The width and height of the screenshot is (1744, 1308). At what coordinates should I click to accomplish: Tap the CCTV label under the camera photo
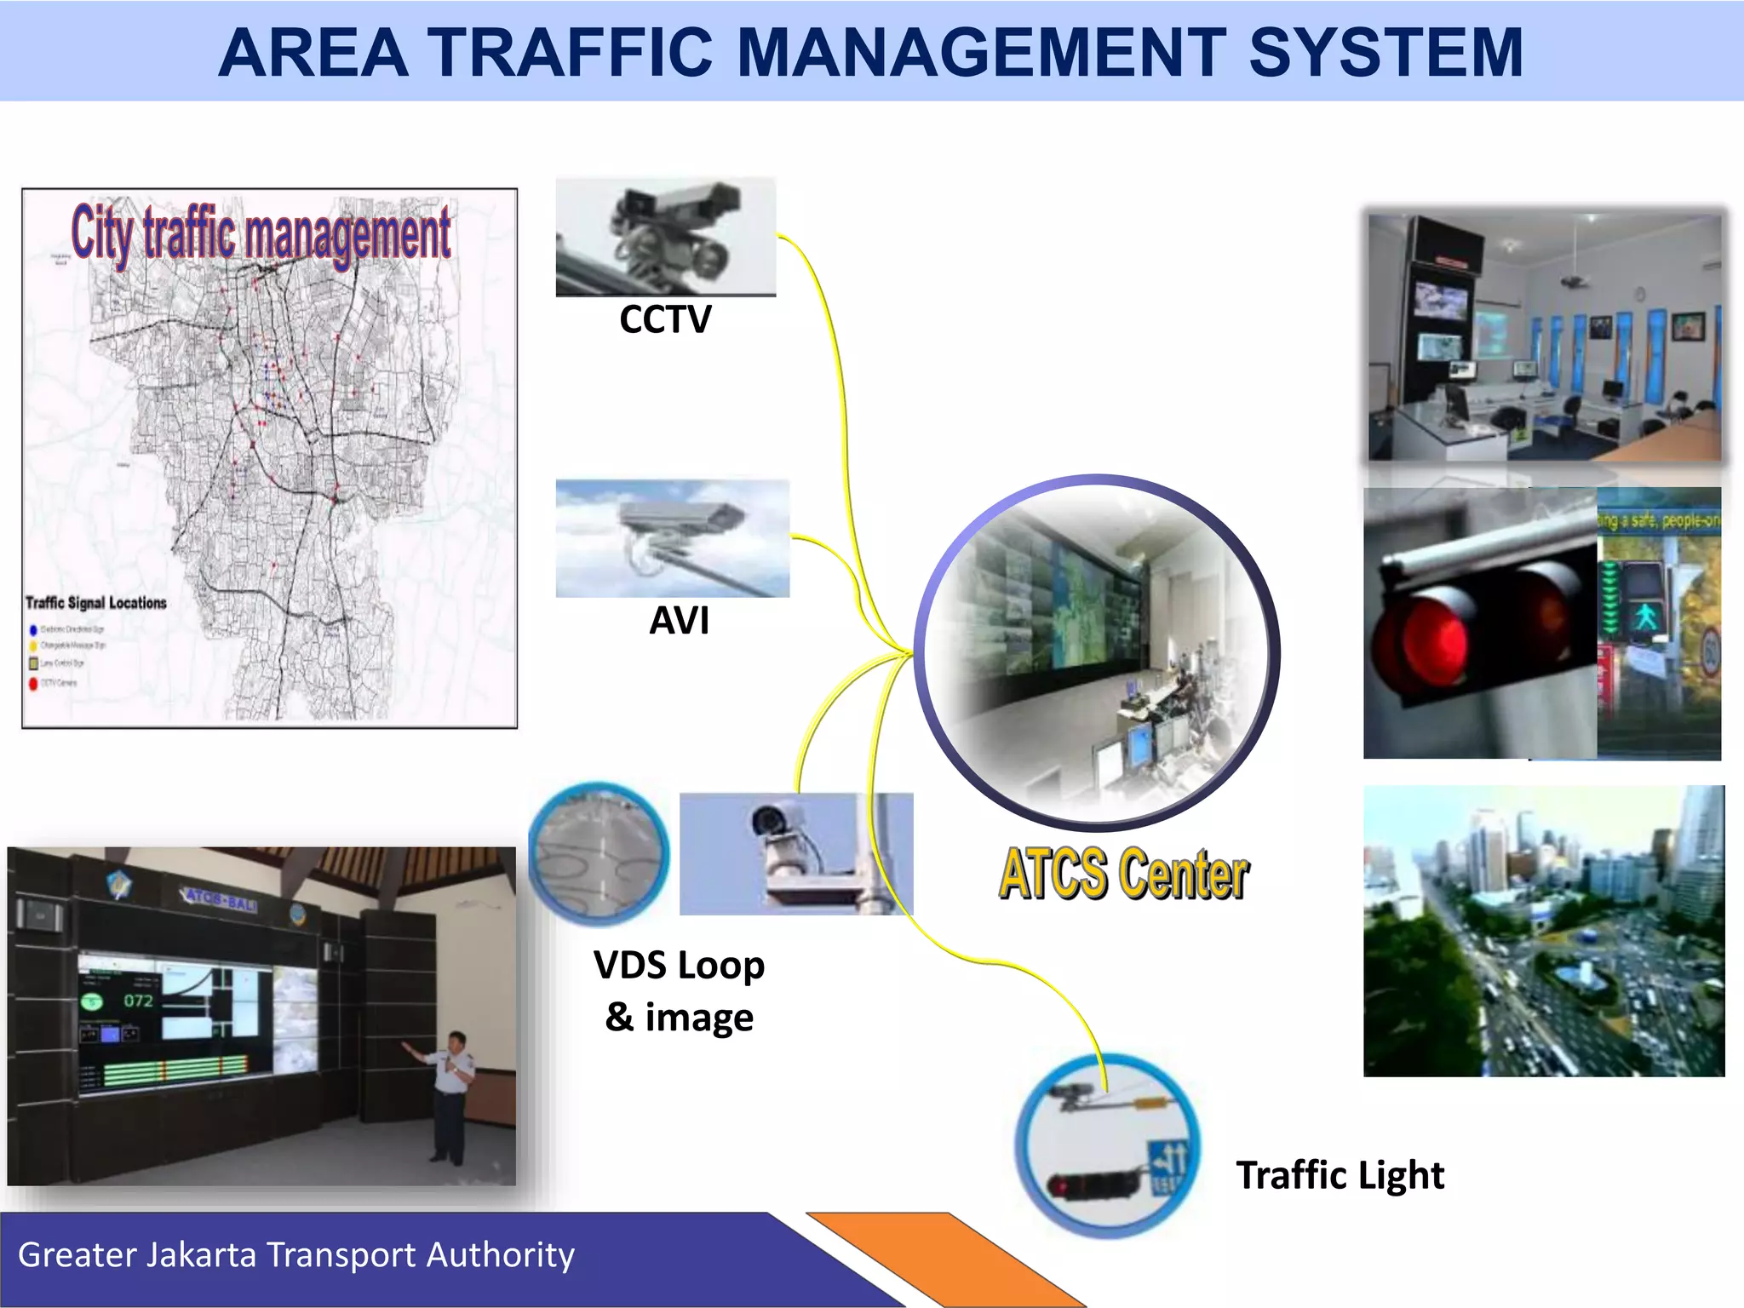[x=665, y=319]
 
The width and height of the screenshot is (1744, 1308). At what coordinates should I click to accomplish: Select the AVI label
[x=679, y=620]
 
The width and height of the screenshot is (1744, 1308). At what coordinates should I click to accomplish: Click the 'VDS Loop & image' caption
[x=679, y=990]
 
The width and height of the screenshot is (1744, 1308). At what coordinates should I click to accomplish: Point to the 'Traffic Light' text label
[x=1340, y=1175]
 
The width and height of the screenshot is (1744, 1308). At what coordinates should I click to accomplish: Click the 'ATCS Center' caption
[x=1123, y=874]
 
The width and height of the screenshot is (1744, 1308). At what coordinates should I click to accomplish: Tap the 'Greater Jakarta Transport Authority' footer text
[x=296, y=1255]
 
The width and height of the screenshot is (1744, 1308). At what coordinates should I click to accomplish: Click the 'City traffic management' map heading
[x=261, y=232]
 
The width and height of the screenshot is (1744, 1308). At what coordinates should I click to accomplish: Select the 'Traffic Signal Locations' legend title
[x=96, y=603]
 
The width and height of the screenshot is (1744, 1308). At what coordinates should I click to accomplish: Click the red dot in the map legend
[x=34, y=683]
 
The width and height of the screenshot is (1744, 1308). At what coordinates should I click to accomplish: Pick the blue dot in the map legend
[x=34, y=630]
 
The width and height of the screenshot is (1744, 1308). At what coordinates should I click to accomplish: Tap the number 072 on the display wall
[x=138, y=1001]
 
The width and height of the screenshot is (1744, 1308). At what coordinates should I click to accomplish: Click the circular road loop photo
[x=599, y=854]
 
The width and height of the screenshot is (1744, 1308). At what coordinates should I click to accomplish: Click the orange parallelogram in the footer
[x=945, y=1259]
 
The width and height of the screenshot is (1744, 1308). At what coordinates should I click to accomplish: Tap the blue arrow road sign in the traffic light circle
[x=1167, y=1163]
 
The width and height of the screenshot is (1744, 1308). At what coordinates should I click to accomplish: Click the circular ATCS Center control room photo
[x=1097, y=653]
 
